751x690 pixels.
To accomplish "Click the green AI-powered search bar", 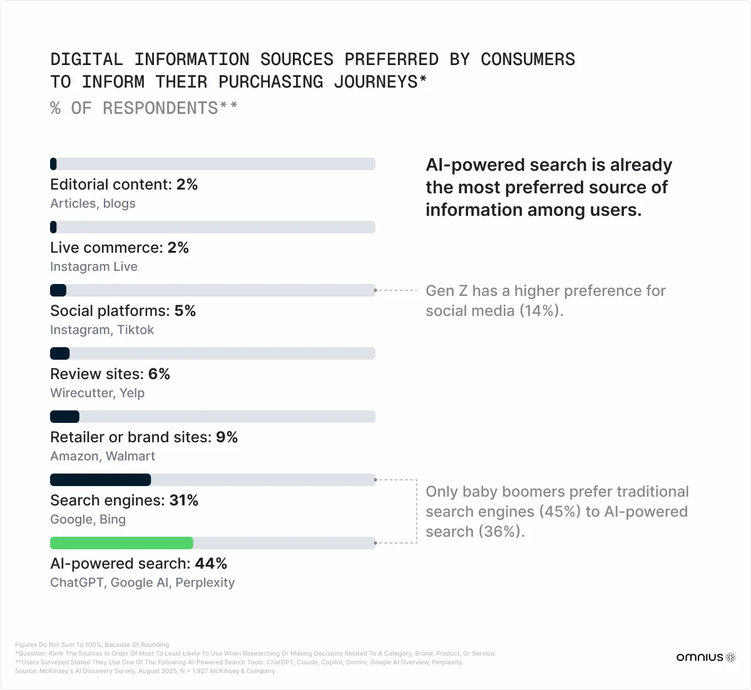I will (x=121, y=543).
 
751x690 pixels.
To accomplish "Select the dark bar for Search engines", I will (x=100, y=480).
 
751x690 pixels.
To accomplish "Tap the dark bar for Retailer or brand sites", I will (x=64, y=417).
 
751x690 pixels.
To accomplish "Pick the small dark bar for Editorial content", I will (x=54, y=164).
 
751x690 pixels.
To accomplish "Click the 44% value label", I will (x=211, y=564).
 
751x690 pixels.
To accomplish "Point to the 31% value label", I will (x=184, y=500).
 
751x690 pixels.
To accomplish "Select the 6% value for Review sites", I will (x=159, y=374).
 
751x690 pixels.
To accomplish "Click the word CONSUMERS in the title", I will (x=528, y=59).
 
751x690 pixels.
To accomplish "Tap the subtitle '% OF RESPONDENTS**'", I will (x=144, y=108).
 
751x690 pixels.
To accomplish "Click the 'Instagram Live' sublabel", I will (x=94, y=267).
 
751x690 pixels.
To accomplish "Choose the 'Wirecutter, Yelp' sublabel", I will (x=97, y=393).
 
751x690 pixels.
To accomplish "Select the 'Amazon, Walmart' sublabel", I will (x=103, y=457).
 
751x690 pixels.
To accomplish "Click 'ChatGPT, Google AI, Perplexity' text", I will (x=142, y=583).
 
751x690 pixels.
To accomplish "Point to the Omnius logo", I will (x=705, y=657).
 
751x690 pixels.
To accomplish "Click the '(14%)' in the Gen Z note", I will (x=542, y=311).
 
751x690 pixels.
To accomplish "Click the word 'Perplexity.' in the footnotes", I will (x=446, y=662).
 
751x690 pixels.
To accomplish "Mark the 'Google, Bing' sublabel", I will (x=88, y=520).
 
